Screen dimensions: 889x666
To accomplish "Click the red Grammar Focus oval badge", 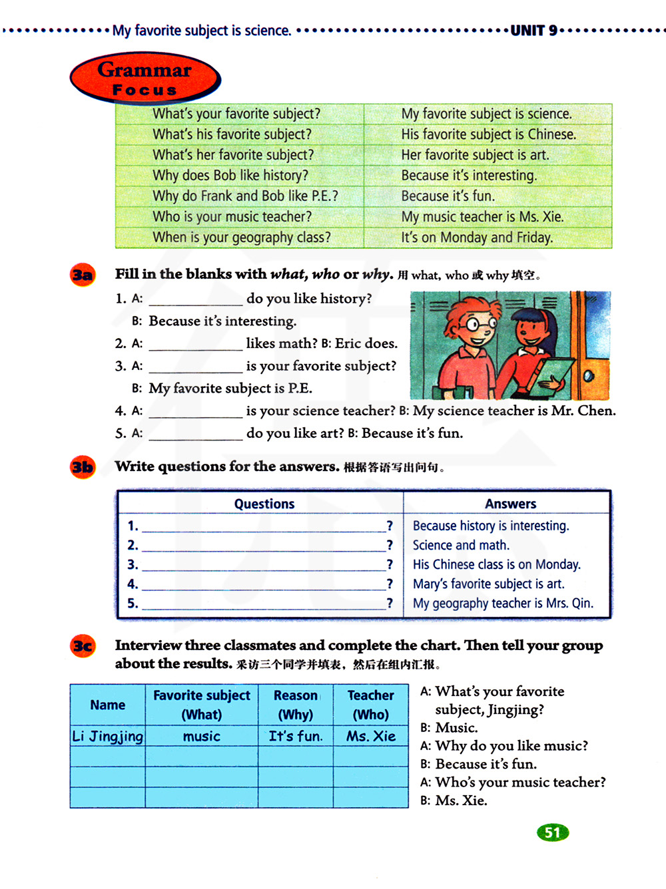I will (x=145, y=79).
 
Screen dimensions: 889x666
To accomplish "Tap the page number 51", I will (x=553, y=832).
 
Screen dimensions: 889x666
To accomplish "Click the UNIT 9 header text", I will (x=534, y=31).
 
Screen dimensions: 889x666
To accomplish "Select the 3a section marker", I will (x=83, y=275).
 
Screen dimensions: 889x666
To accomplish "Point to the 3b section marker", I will (x=83, y=467).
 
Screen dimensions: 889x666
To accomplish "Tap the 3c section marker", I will (x=83, y=646).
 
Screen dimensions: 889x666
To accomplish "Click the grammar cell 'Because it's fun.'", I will (x=448, y=196).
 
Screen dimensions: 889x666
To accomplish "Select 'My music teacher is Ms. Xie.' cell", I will (x=482, y=217).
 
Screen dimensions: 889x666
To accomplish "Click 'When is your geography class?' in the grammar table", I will (x=241, y=238).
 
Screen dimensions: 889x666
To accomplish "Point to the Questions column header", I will (x=264, y=504).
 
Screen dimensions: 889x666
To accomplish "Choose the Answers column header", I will (x=510, y=504).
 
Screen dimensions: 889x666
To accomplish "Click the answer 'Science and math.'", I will (x=461, y=546).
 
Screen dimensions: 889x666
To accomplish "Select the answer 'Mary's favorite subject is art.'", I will (x=488, y=584).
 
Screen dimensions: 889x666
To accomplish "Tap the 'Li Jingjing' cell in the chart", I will (x=107, y=737).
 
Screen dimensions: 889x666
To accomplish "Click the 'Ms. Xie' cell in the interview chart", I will (x=370, y=737).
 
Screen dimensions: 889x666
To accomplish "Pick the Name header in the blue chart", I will (x=107, y=705).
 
